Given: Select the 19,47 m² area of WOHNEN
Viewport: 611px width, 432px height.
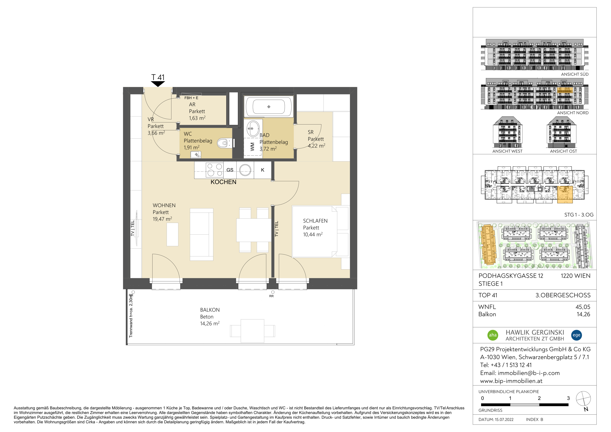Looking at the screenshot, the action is pos(162,219).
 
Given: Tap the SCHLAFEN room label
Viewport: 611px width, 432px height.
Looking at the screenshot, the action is pos(315,221).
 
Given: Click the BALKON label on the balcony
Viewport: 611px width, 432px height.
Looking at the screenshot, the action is pos(210,310).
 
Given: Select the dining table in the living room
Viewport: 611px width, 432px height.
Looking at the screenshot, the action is pos(254,230).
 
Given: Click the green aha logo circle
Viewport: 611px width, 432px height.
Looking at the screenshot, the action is pos(493,335).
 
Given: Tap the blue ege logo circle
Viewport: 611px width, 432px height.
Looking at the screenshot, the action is pos(576,335).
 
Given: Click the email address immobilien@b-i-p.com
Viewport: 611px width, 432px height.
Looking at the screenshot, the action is pos(529,373).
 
